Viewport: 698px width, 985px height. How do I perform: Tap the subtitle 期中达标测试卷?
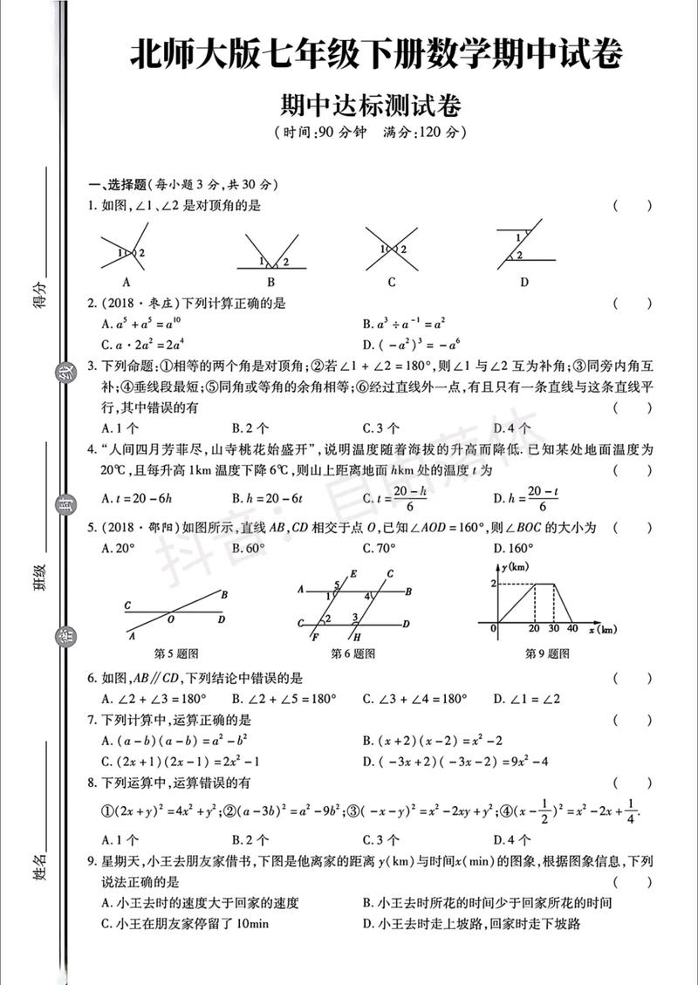370,106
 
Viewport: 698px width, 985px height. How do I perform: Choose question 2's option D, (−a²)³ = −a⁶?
409,344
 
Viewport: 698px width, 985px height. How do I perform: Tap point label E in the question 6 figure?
352,573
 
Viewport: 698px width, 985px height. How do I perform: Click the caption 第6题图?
353,653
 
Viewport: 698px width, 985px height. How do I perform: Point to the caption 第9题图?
547,653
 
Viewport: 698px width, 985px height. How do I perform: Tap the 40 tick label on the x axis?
572,629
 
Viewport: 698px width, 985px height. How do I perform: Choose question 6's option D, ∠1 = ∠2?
528,699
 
